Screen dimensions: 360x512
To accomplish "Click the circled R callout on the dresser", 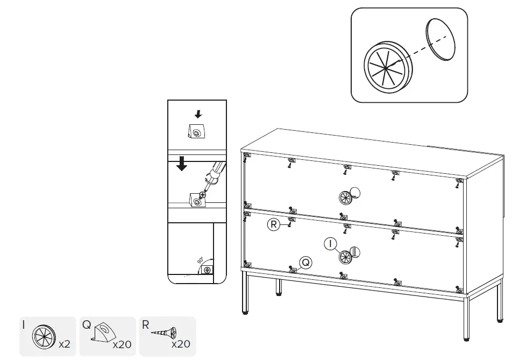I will [x=274, y=225].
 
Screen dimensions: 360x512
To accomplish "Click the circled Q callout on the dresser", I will [x=305, y=262].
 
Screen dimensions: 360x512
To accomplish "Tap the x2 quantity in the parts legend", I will [x=65, y=344].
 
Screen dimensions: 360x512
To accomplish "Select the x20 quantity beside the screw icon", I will [x=181, y=344].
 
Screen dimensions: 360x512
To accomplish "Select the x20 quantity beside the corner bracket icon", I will [x=122, y=344].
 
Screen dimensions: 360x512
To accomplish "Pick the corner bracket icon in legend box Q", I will [x=103, y=333].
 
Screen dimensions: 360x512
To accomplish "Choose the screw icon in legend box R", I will [x=163, y=333].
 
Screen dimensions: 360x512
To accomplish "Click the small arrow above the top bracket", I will [x=198, y=114].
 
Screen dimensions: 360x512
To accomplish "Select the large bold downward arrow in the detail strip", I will [x=182, y=163].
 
